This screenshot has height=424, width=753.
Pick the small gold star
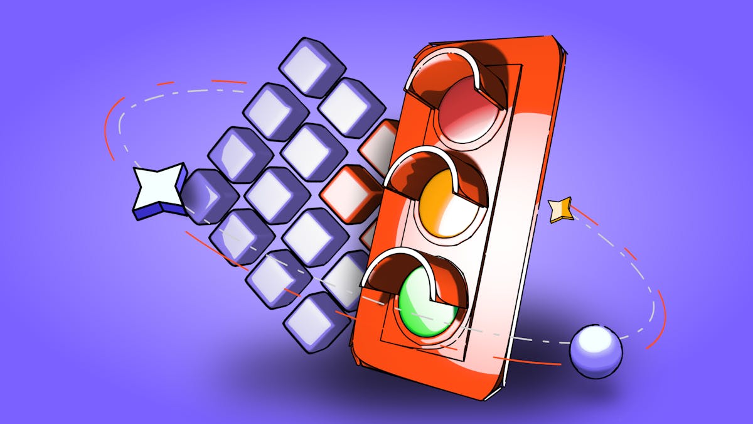560,209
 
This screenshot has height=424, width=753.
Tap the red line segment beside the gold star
584,216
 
